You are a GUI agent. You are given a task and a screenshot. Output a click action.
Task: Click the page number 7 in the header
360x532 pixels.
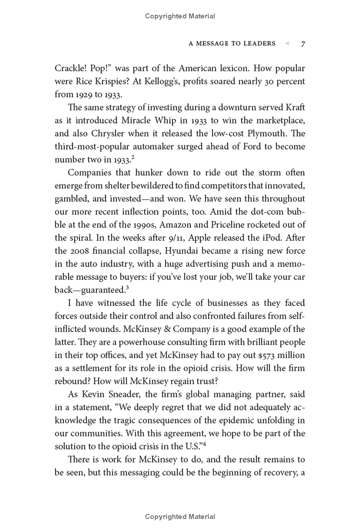point(303,44)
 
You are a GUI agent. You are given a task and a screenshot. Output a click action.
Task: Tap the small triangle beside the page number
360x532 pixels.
point(286,44)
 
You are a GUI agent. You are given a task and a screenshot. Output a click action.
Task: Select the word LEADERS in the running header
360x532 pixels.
point(256,44)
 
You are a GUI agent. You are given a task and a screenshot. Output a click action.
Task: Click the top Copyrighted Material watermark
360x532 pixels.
point(180,16)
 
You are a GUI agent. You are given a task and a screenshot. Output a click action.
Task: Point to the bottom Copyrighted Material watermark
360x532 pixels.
point(180,517)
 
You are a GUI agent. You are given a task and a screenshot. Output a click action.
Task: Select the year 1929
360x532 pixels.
point(81,95)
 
